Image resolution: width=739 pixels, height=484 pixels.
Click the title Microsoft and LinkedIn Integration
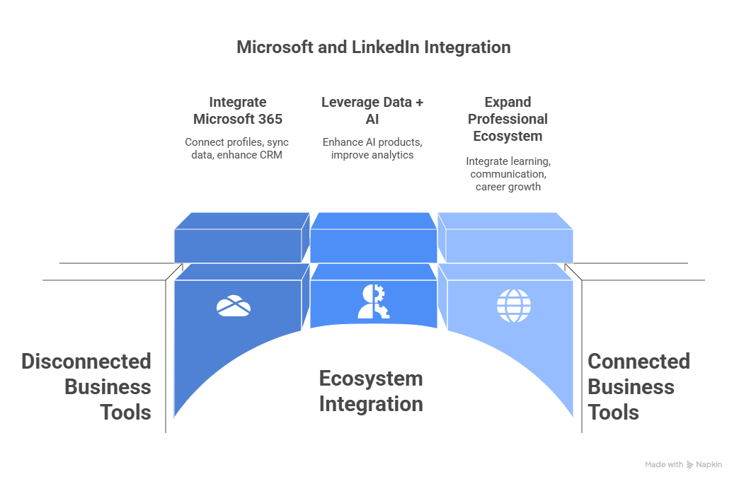373,47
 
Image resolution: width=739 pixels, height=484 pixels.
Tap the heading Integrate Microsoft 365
237,110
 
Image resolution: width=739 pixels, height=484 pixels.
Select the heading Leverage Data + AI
372,110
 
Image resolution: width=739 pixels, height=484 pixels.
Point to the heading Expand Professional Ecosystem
508,119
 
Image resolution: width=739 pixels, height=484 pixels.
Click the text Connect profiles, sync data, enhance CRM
237,148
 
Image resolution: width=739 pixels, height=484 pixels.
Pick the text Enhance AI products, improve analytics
372,148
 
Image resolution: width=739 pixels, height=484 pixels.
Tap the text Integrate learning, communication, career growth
508,174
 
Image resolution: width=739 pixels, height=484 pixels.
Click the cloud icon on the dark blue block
234,306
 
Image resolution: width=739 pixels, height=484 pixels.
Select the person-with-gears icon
373,301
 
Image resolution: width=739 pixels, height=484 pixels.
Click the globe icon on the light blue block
513,306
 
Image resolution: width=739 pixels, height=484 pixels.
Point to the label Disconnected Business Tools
86,387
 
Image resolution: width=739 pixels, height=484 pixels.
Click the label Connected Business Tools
638,387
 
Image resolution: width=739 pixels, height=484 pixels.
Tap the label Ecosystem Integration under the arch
371,391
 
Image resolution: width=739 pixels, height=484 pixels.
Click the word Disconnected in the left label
86,362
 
